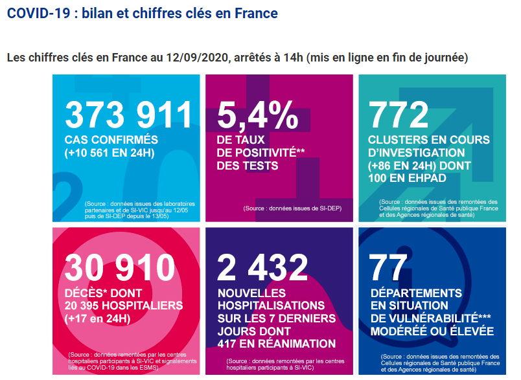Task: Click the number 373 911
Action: (129, 115)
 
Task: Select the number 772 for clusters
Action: (399, 115)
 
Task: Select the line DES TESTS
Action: (248, 166)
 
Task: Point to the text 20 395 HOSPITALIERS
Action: (124, 305)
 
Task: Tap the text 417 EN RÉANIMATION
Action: (277, 343)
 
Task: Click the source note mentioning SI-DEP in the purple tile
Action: (292, 208)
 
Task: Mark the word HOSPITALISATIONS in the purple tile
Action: (271, 305)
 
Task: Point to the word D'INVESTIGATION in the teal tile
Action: (417, 153)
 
